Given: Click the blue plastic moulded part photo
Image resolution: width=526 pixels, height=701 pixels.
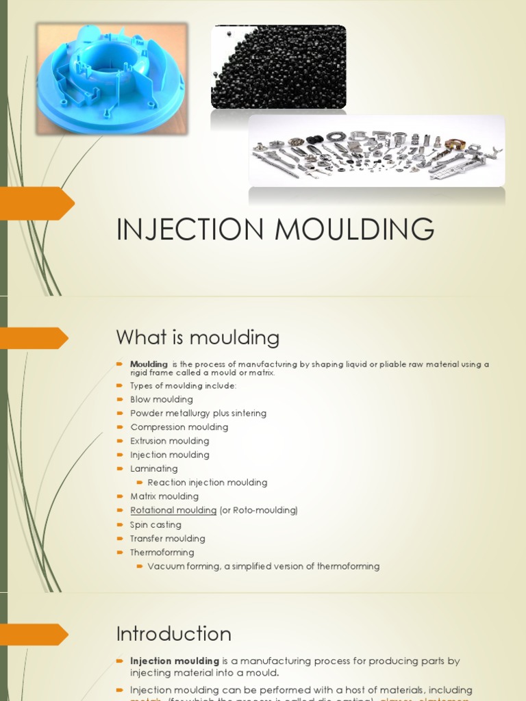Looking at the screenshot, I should (x=112, y=78).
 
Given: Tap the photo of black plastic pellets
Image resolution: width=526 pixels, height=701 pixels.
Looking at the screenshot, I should (x=278, y=67).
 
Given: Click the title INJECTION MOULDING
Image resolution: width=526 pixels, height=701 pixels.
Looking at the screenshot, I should (x=275, y=229).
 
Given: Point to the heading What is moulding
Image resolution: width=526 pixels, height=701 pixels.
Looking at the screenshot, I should (x=197, y=337).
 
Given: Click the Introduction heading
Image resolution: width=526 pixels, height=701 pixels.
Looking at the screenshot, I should (x=173, y=634).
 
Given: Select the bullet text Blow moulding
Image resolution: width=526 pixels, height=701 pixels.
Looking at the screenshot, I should (x=162, y=399).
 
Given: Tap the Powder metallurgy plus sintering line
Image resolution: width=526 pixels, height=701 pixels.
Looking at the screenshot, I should (x=198, y=413).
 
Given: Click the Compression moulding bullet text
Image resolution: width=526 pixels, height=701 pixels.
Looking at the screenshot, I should (x=179, y=427).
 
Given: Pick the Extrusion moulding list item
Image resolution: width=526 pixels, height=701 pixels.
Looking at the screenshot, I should (x=169, y=441).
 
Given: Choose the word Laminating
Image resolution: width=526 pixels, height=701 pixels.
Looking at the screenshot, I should (x=154, y=469).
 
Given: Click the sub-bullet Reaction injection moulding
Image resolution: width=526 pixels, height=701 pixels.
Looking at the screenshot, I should (x=207, y=483).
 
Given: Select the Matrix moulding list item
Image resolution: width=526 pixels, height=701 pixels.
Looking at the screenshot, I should (x=164, y=496).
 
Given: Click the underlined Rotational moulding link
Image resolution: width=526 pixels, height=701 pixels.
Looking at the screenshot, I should (x=173, y=511).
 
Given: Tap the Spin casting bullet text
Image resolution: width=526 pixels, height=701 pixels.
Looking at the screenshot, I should (x=155, y=525).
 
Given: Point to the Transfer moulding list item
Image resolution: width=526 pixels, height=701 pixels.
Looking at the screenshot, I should (x=167, y=539).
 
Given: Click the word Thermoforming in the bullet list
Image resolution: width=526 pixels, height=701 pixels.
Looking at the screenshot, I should (x=162, y=552).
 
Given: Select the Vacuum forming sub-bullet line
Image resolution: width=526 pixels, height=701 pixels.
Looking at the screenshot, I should (x=263, y=566).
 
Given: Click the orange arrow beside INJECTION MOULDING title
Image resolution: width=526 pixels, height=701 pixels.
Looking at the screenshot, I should (x=38, y=203).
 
